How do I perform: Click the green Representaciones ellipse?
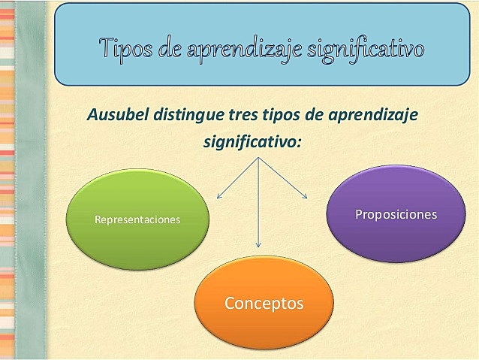pos(137,219)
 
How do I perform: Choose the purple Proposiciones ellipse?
pos(396,213)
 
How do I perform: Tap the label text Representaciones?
pos(137,220)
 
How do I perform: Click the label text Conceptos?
pos(264,304)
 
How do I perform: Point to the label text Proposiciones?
pos(396,214)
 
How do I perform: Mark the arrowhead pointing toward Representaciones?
pos(218,197)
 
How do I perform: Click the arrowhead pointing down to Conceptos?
pos(259,245)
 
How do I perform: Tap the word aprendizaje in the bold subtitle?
pos(373,116)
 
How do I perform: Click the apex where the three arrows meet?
pos(259,159)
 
